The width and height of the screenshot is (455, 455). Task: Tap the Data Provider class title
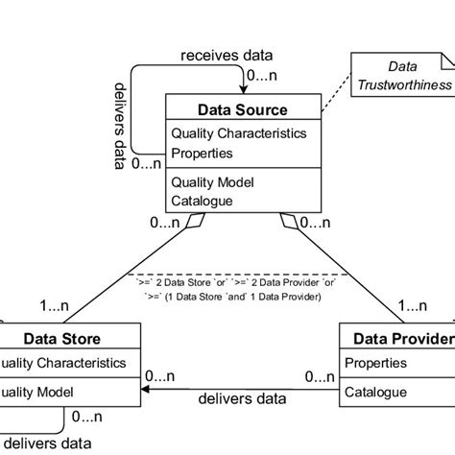tap(401, 339)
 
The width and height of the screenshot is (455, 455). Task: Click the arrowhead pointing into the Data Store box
tap(147, 390)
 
